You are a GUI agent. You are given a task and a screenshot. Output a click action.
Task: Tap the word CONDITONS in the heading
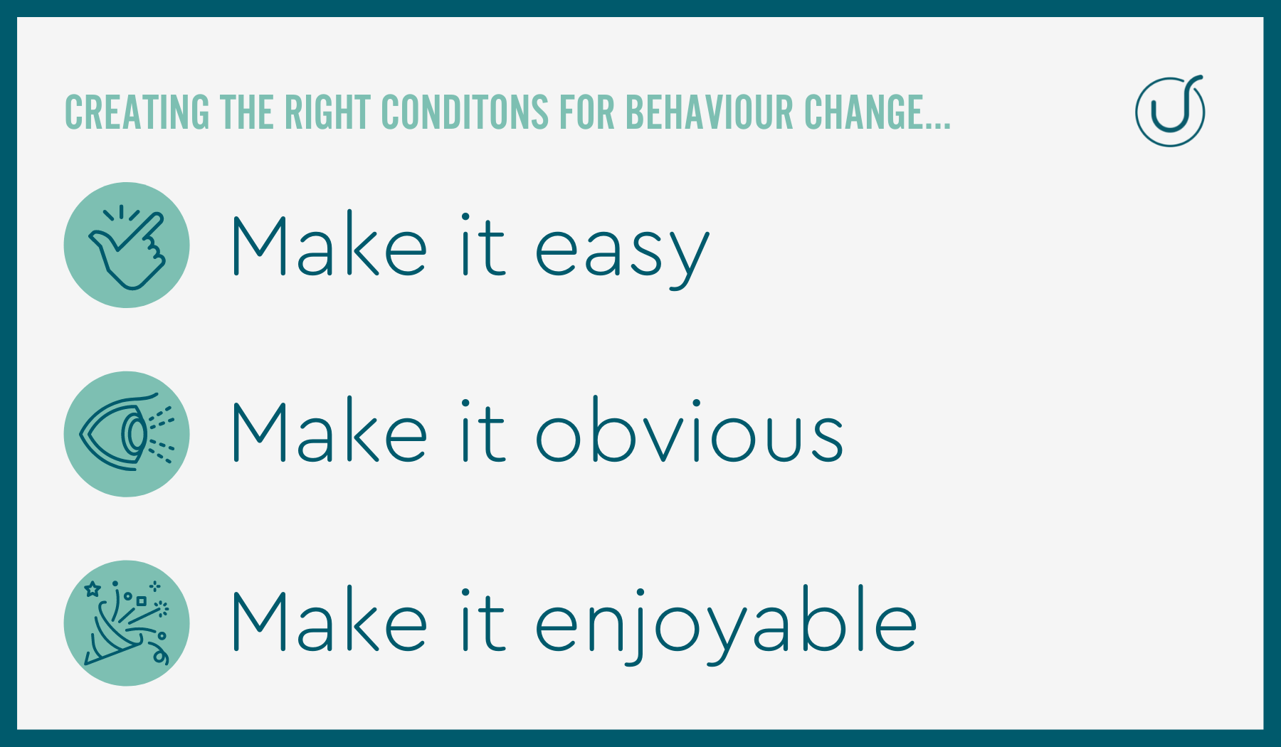(465, 112)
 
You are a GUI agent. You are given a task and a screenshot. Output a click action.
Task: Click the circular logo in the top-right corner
(1170, 111)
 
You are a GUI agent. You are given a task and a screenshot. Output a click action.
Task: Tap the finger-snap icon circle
(127, 245)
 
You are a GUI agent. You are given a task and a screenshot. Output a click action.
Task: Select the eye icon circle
(127, 434)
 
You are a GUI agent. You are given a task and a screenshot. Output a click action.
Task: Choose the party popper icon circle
(127, 623)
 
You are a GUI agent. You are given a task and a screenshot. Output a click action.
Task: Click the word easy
(622, 253)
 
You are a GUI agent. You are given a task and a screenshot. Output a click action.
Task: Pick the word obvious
(690, 430)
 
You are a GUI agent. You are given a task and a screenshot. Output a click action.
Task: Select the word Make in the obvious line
(330, 430)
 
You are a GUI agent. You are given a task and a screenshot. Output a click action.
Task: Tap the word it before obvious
(483, 430)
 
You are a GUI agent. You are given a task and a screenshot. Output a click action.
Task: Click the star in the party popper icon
(93, 589)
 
